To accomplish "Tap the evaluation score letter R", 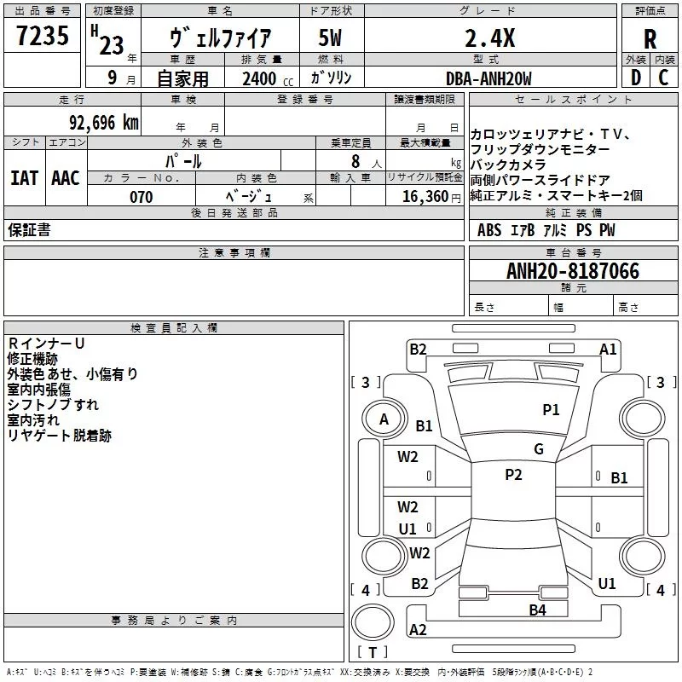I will pyautogui.click(x=650, y=38).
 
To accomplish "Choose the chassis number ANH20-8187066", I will pyautogui.click(x=572, y=271).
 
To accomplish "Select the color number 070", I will pyautogui.click(x=141, y=197).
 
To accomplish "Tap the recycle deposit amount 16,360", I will pyautogui.click(x=420, y=197).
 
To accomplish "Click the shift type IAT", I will pyautogui.click(x=24, y=177).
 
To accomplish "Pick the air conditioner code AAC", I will pyautogui.click(x=66, y=177).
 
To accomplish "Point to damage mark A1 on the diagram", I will pyautogui.click(x=608, y=350).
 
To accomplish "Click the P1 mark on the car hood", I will pyautogui.click(x=552, y=410).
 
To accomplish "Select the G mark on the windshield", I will pyautogui.click(x=539, y=449).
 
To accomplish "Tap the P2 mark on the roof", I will pyautogui.click(x=513, y=475).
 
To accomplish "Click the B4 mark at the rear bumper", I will pyautogui.click(x=537, y=610).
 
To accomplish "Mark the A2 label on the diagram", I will pyautogui.click(x=418, y=630).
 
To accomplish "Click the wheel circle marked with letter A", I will pyautogui.click(x=384, y=419).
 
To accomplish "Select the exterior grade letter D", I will pyautogui.click(x=634, y=78).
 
